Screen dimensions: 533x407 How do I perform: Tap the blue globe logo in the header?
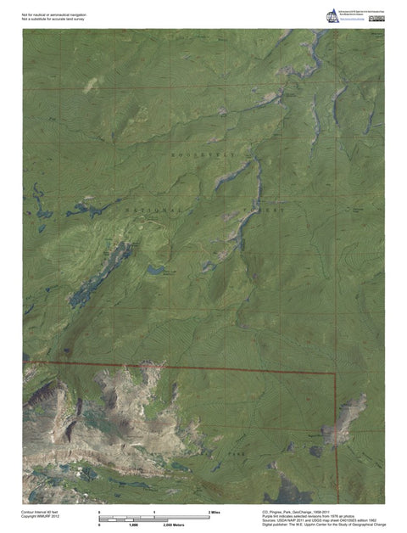coord(333,15)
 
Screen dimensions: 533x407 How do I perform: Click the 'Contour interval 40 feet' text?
coord(42,512)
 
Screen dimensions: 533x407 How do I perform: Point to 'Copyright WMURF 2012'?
coord(42,517)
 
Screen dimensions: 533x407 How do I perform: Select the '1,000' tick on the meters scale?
coord(133,525)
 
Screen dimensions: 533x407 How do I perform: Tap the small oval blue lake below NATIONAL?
coord(155,270)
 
